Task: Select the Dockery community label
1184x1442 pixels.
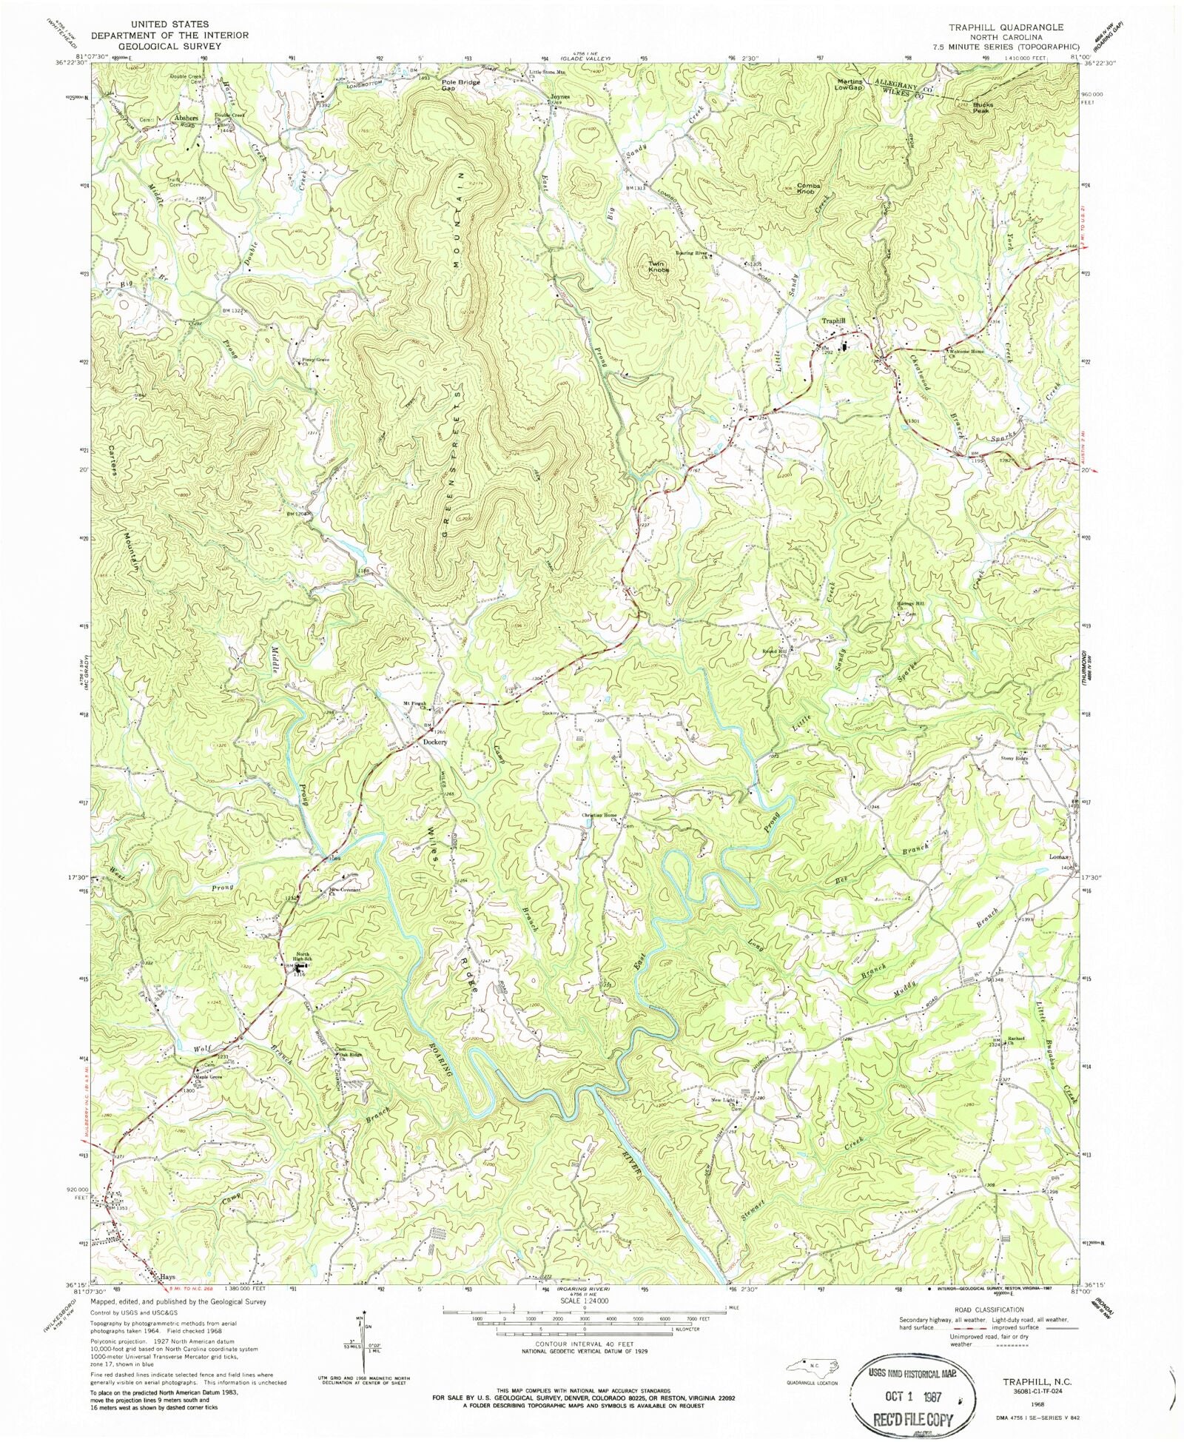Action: coord(435,742)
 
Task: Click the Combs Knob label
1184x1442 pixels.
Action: coord(807,188)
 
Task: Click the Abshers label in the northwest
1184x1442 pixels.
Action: coord(186,118)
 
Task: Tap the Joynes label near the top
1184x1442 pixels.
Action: coord(559,97)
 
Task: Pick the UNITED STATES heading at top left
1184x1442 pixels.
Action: coord(169,24)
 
